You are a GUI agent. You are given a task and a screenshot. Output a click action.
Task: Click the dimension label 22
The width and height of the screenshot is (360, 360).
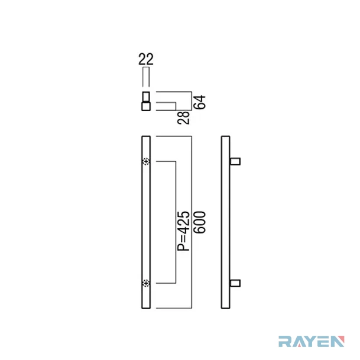pyautogui.click(x=146, y=59)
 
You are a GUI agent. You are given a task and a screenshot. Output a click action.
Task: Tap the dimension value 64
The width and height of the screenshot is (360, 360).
pyautogui.click(x=199, y=102)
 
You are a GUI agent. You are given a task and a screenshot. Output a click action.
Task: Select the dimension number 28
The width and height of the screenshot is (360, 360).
pyautogui.click(x=184, y=118)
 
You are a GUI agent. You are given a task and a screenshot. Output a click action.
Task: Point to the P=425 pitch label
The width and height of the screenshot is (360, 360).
pyautogui.click(x=184, y=231)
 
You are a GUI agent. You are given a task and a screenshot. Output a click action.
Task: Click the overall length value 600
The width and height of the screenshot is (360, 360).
pyautogui.click(x=200, y=222)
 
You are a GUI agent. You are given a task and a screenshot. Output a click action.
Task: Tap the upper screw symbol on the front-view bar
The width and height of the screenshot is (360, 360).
pyautogui.click(x=146, y=161)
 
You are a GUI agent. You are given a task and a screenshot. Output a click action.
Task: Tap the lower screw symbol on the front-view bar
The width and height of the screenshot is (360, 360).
pyautogui.click(x=146, y=283)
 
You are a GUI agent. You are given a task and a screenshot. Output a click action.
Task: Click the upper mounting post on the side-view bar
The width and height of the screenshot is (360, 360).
pyautogui.click(x=235, y=161)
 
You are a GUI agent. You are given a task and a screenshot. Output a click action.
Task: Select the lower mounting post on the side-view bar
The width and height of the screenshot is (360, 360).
pyautogui.click(x=235, y=283)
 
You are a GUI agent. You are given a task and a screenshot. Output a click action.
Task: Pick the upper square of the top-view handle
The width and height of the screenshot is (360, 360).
pyautogui.click(x=146, y=96)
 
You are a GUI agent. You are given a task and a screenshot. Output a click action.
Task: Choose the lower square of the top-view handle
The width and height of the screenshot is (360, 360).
pyautogui.click(x=146, y=106)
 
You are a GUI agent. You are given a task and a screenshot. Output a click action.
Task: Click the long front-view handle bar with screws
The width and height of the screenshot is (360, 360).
pyautogui.click(x=146, y=222)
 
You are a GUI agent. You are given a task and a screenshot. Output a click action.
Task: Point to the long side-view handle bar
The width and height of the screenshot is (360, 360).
pyautogui.click(x=225, y=222)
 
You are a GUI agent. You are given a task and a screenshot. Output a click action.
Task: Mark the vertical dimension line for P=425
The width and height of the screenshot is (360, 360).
pyautogui.click(x=176, y=222)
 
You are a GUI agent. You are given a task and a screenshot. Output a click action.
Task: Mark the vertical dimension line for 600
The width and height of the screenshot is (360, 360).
pyautogui.click(x=192, y=222)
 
